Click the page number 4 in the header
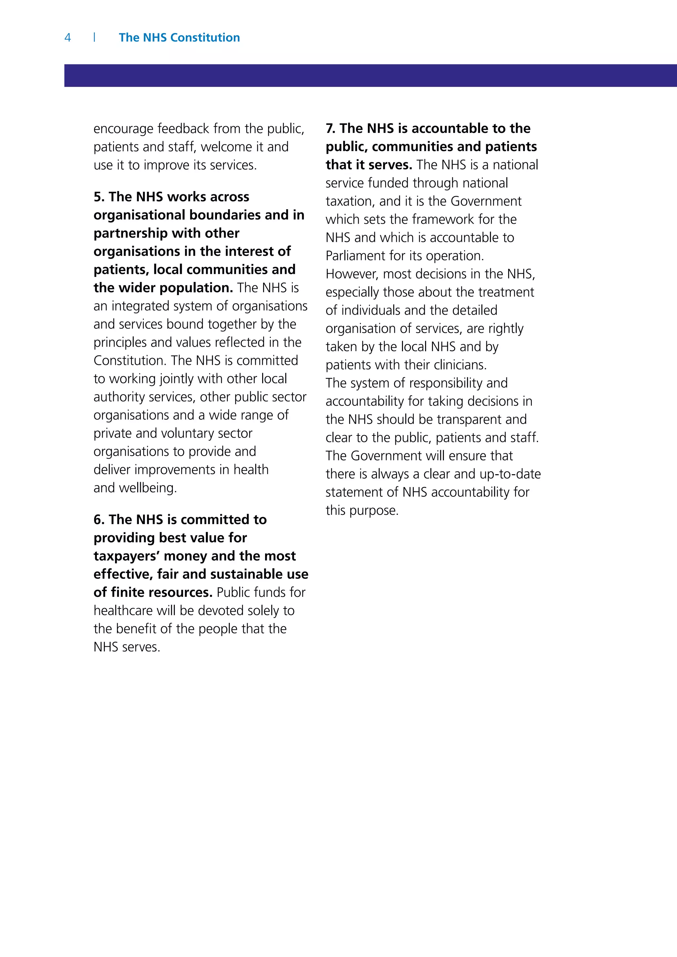(x=67, y=38)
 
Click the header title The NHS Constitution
(x=179, y=38)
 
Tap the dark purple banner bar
(x=370, y=75)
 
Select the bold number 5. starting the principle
(x=99, y=197)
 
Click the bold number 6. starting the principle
(x=99, y=520)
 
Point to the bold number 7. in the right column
(x=331, y=128)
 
